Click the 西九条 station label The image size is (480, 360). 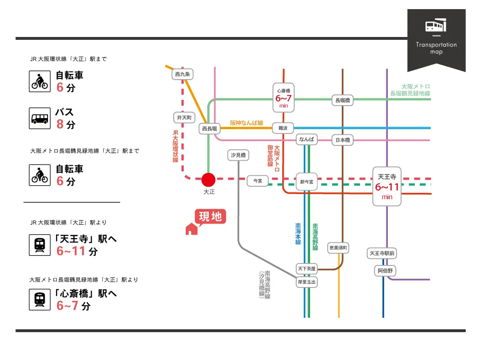tap(183, 74)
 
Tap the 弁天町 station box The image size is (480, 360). tap(184, 117)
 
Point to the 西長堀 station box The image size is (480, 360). tap(210, 129)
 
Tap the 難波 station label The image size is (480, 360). tap(283, 128)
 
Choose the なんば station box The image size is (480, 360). tap(307, 140)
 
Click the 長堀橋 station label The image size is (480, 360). tap(343, 100)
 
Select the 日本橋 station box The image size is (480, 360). tap(343, 140)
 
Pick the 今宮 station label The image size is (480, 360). tap(258, 181)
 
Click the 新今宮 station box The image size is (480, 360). tap(307, 181)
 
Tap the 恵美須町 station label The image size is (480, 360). tap(338, 248)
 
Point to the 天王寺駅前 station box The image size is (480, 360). tap(383, 253)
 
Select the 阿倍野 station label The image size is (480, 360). tap(384, 271)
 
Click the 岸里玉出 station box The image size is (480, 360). tap(307, 282)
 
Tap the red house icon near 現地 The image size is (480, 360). tap(192, 229)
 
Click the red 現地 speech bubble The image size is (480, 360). tap(210, 217)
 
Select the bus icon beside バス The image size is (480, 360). tap(39, 118)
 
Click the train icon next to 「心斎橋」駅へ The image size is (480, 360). tap(39, 299)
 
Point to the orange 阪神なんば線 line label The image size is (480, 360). tap(246, 123)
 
